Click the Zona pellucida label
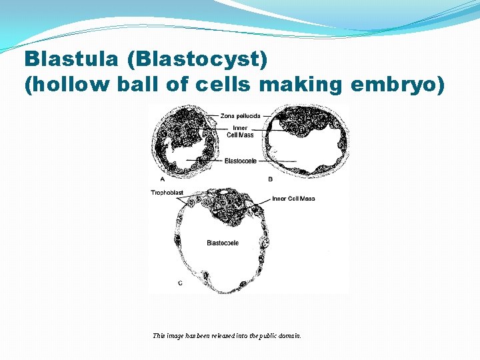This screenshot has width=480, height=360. click(x=240, y=116)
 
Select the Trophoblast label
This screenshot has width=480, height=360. click(x=167, y=193)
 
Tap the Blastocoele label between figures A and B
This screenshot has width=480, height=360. click(x=241, y=161)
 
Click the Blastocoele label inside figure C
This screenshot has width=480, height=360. click(x=223, y=243)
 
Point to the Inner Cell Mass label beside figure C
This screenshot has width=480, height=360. click(x=293, y=199)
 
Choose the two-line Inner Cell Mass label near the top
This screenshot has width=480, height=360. click(x=240, y=131)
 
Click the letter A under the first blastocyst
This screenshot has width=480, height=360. click(x=163, y=179)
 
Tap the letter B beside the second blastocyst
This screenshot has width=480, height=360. click(x=270, y=179)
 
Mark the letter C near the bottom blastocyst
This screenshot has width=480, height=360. click(x=180, y=283)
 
